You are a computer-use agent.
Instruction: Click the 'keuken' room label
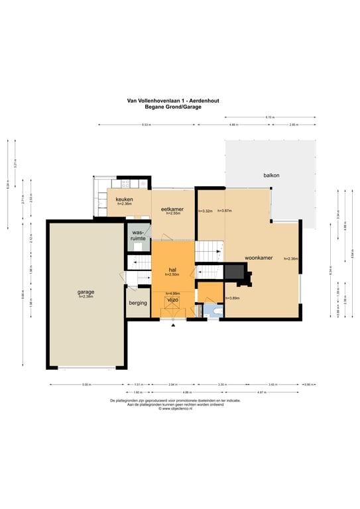tap(125, 199)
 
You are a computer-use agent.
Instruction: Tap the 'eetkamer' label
tap(172, 209)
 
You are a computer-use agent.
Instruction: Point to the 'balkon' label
tap(271, 175)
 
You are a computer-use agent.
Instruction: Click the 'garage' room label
tap(85, 292)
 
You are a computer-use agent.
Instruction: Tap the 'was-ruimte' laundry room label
tap(138, 235)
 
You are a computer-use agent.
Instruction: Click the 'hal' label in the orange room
tap(172, 270)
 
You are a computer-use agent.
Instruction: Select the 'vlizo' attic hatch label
tap(172, 300)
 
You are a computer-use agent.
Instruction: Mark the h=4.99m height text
tap(172, 294)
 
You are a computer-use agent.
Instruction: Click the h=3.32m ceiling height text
tap(206, 211)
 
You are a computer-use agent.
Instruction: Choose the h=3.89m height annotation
tap(231, 298)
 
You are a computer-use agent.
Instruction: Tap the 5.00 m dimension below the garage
tap(86, 384)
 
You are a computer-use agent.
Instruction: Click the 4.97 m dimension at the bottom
tap(279, 392)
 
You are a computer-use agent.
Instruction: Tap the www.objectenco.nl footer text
tap(176, 409)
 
